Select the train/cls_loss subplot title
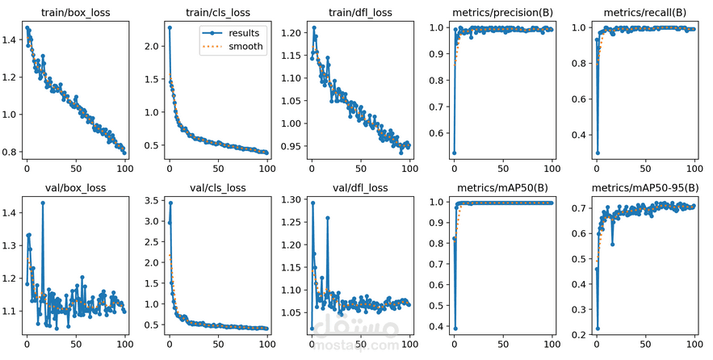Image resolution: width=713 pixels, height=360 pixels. point(217,12)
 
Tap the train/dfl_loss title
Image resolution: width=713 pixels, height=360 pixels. point(360,12)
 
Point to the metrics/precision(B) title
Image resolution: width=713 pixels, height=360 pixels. point(502,12)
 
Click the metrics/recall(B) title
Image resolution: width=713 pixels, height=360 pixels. point(644,12)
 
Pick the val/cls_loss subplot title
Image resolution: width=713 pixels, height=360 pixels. point(217,188)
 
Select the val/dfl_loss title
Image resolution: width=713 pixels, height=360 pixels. point(360,188)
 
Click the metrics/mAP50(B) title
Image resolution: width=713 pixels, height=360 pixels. point(502,188)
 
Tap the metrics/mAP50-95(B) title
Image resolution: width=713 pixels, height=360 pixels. point(644,188)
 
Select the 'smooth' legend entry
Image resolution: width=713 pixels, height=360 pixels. point(241,46)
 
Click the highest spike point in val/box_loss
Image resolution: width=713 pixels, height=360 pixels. point(43,203)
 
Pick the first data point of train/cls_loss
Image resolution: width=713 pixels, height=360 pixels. point(170,27)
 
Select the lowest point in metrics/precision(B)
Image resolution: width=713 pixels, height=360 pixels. point(454,153)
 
